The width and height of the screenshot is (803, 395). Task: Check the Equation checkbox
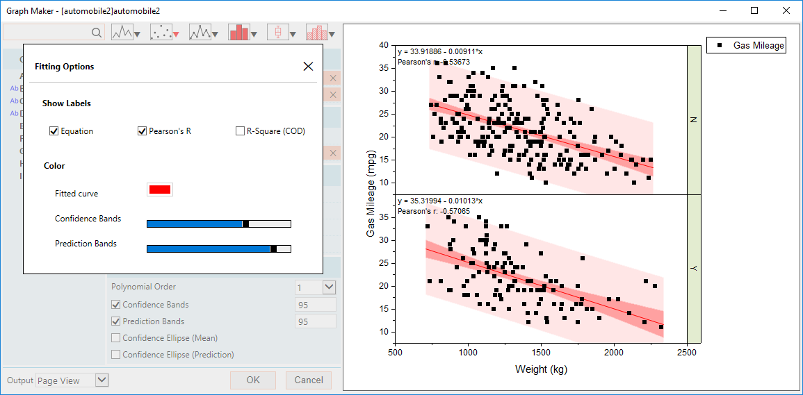[54, 131]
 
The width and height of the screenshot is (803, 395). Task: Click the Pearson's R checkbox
[142, 131]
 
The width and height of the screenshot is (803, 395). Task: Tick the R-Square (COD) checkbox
[240, 131]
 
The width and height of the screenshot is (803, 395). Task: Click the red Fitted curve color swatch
[159, 190]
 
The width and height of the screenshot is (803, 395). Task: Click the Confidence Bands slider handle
[245, 224]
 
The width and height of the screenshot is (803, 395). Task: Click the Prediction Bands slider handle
[273, 249]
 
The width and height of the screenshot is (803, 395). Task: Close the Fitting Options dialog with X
[308, 67]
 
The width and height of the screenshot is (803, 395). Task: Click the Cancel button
[308, 380]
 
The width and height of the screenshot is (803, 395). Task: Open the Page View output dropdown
[102, 380]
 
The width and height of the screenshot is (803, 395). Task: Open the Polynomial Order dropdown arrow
[329, 287]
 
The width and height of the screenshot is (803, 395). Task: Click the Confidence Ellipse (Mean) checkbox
[116, 338]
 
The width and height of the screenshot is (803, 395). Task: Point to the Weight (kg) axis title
[541, 369]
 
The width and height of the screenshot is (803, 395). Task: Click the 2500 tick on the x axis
[687, 352]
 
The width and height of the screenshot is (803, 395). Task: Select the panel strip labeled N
[693, 119]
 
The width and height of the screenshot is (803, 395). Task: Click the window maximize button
[754, 10]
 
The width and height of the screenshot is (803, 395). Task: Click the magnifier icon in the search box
[97, 33]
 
